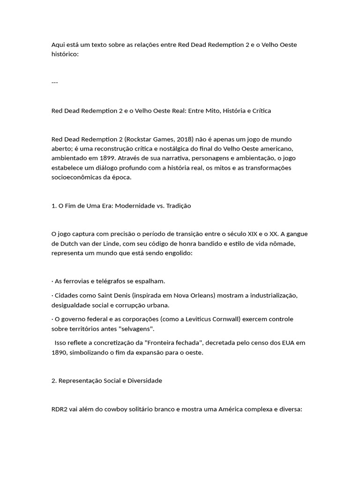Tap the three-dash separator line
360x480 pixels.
(x=54, y=82)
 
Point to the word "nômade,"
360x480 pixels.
(x=283, y=244)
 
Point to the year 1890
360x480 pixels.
(x=60, y=352)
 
